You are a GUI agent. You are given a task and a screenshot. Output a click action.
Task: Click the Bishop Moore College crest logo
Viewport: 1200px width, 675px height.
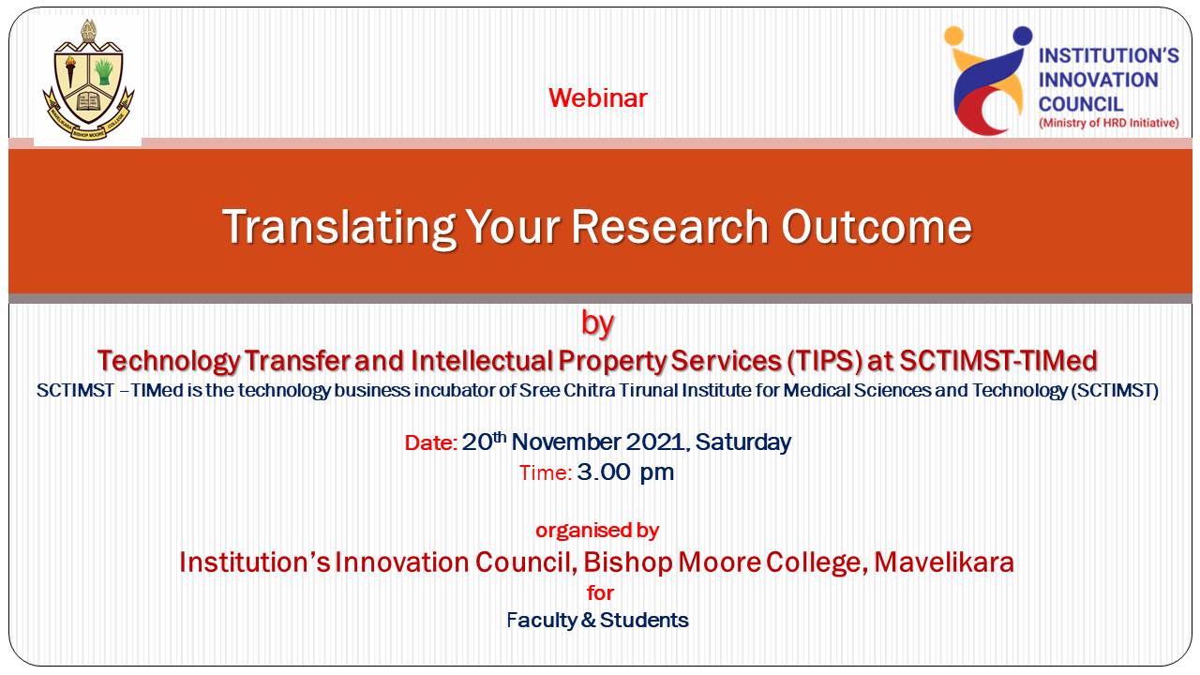[88, 81]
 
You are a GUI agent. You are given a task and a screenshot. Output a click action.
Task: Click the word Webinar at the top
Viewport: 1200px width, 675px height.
[598, 98]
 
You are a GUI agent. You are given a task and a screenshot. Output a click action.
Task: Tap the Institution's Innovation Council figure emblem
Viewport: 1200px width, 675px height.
[988, 81]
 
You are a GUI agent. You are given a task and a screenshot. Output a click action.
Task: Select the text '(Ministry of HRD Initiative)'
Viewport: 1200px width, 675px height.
[1109, 123]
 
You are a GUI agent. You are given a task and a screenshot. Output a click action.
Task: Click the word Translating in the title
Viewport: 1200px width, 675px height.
[338, 228]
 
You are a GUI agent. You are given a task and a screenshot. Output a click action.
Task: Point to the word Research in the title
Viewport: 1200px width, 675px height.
[670, 227]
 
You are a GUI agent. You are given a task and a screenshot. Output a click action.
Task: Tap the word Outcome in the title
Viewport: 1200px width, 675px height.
[877, 227]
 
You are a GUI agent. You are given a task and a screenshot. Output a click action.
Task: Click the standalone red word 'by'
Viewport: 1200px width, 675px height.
[597, 324]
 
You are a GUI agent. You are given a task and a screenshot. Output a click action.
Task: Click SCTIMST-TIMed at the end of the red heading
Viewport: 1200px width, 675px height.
[998, 361]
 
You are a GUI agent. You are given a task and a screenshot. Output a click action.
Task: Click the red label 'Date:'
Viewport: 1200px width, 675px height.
[430, 443]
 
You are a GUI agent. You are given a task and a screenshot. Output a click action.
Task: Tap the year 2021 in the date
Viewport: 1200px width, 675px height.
[656, 443]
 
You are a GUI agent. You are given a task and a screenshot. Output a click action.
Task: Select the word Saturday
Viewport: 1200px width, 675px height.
[743, 443]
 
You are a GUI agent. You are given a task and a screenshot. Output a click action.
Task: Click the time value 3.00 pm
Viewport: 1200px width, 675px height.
[625, 473]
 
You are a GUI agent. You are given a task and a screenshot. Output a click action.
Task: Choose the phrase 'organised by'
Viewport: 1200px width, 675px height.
[597, 531]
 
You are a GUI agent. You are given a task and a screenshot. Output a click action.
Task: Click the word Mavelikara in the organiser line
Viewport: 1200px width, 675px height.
[944, 562]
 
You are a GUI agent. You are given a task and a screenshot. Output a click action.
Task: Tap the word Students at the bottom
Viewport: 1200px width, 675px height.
[644, 621]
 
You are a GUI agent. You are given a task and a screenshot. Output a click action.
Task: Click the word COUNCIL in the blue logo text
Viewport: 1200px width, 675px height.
[1081, 104]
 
